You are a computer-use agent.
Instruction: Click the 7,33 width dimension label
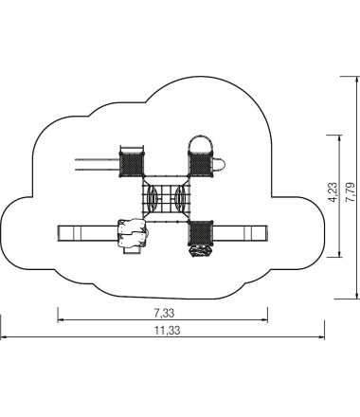(x=164, y=314)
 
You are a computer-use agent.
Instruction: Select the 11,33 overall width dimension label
(x=168, y=331)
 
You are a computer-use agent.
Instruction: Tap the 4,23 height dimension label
(x=333, y=192)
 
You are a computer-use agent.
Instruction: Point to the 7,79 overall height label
(x=351, y=192)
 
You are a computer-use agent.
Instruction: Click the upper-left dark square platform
(x=132, y=164)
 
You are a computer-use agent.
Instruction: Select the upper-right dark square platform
(x=201, y=164)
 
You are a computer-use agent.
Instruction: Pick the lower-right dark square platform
(x=201, y=233)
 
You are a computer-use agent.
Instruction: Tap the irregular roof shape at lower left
(x=132, y=233)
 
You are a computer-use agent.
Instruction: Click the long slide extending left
(x=88, y=233)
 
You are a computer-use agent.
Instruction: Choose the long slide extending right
(x=240, y=233)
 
